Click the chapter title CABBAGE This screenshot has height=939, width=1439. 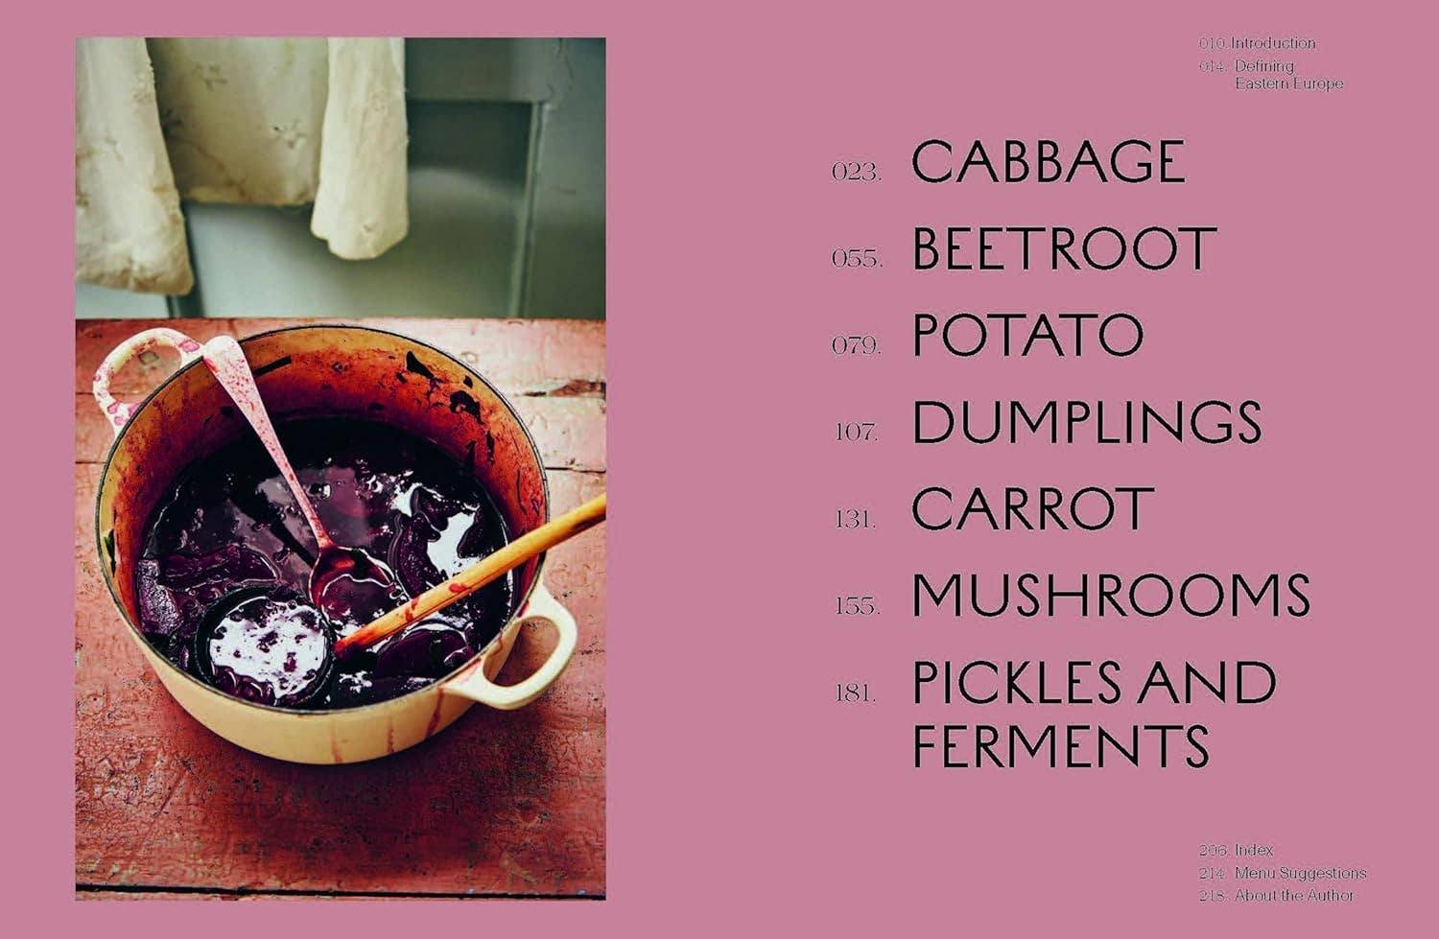click(x=1048, y=161)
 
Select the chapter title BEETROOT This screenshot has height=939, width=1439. click(x=1064, y=248)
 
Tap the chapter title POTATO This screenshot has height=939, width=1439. click(x=1027, y=335)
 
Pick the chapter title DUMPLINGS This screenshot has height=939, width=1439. click(x=1086, y=422)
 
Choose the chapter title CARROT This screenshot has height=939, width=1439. click(x=1032, y=508)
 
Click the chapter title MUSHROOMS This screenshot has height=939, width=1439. click(x=1111, y=596)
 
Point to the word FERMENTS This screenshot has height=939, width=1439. click(x=1060, y=746)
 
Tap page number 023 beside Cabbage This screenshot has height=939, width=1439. click(x=856, y=172)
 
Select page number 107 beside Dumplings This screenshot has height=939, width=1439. click(x=856, y=432)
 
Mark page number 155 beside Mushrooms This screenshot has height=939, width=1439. click(x=856, y=606)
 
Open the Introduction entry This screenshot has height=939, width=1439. click(x=1273, y=43)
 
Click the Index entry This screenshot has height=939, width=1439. click(x=1254, y=850)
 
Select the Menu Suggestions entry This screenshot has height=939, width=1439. click(x=1300, y=873)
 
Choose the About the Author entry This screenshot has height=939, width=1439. click(x=1293, y=895)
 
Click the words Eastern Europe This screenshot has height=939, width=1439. click(x=1288, y=83)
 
